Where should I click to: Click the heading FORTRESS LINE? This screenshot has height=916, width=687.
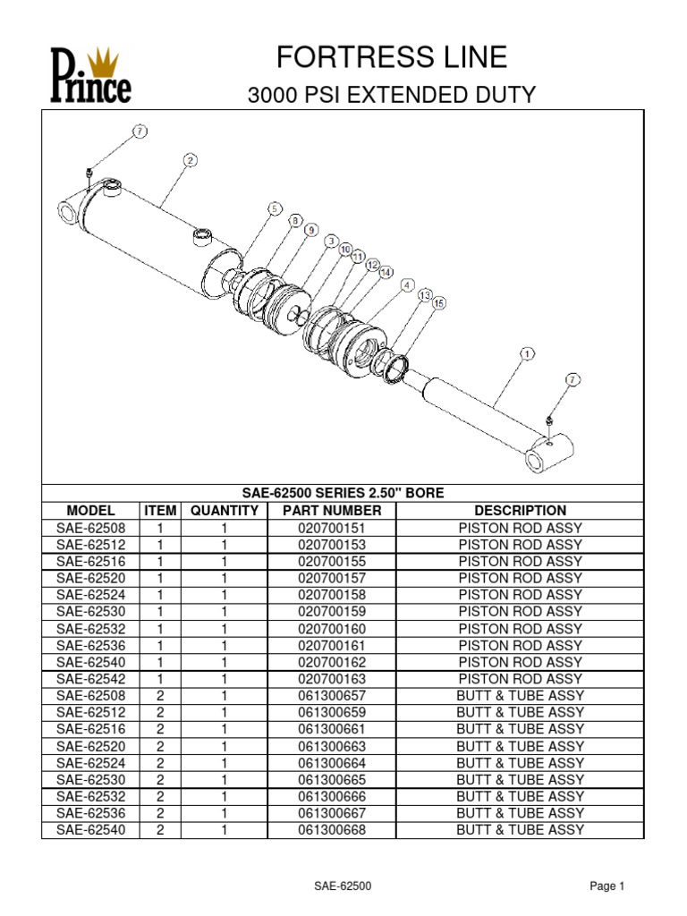tap(393, 58)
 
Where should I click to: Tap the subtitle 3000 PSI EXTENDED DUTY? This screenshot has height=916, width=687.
tap(392, 95)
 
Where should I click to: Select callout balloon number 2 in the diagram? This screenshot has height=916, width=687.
tap(190, 160)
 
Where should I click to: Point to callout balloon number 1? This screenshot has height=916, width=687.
tap(526, 354)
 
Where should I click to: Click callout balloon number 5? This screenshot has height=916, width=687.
tap(275, 208)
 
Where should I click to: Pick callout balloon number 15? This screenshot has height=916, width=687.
tap(438, 304)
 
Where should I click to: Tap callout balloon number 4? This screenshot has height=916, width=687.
tap(407, 285)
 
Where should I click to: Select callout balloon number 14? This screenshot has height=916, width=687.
tap(386, 271)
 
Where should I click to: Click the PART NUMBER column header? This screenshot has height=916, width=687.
tap(332, 510)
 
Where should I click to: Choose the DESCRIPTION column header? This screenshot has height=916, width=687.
tap(520, 510)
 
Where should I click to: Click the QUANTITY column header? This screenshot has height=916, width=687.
tap(224, 510)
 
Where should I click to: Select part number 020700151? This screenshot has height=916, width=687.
tap(332, 528)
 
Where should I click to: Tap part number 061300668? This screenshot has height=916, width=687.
tap(332, 829)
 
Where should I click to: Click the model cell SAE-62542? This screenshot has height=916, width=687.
tap(91, 679)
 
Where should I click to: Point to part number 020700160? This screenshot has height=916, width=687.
tap(332, 629)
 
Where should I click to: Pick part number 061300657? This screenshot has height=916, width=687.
tap(332, 696)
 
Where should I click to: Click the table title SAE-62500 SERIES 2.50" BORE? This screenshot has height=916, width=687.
tap(343, 493)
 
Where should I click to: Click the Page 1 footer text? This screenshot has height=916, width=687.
tap(607, 886)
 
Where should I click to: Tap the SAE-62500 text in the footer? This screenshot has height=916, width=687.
tap(343, 886)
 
